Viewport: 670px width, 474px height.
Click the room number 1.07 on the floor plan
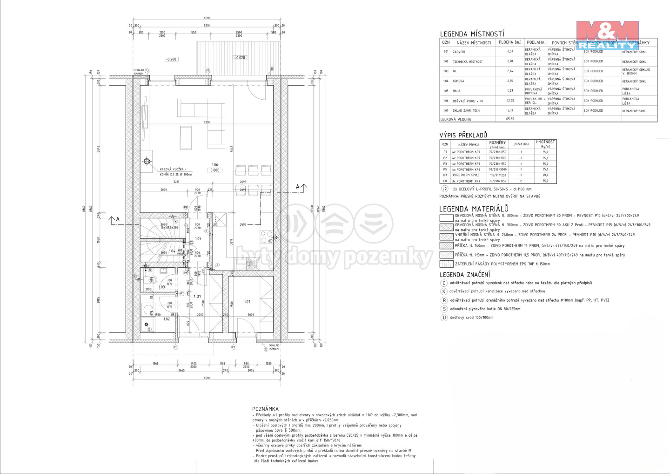pyautogui.click(x=248, y=302)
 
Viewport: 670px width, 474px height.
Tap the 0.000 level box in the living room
pyautogui.click(x=215, y=170)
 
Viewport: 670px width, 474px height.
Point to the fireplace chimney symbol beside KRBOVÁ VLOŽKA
pyautogui.click(x=147, y=162)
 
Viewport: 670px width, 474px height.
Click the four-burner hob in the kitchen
pyautogui.click(x=267, y=237)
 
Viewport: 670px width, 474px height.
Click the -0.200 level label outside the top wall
pyautogui.click(x=171, y=59)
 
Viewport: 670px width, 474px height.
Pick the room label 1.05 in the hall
pyautogui.click(x=198, y=239)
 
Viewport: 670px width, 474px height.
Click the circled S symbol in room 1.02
pyautogui.click(x=149, y=330)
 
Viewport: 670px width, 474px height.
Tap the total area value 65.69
pyautogui.click(x=510, y=119)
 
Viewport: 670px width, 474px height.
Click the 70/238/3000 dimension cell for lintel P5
pyautogui.click(x=498, y=169)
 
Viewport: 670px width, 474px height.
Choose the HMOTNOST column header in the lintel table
pyautogui.click(x=545, y=143)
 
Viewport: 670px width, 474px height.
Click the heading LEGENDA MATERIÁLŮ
pyautogui.click(x=474, y=209)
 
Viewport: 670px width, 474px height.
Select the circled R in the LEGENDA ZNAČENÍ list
pyautogui.click(x=444, y=300)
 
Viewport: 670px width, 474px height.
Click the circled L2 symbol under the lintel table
pyautogui.click(x=445, y=189)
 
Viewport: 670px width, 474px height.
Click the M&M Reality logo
pyautogui.click(x=608, y=35)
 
